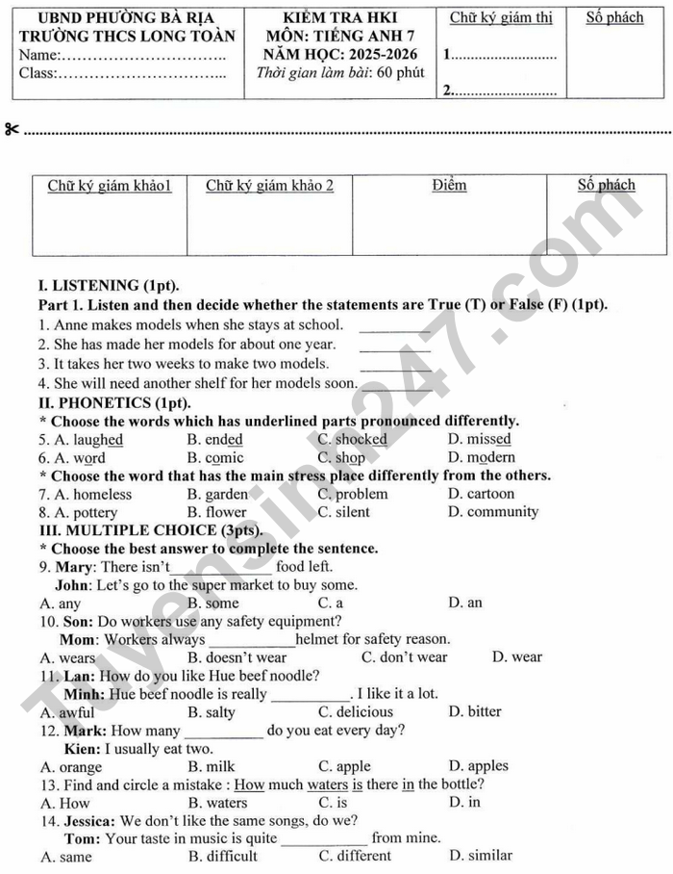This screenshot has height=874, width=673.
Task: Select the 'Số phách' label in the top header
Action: coord(614,17)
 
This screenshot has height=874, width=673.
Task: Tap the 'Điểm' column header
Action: coord(449,185)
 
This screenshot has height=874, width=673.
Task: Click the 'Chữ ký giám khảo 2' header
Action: coord(270,185)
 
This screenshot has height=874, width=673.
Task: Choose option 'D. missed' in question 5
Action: coord(480,440)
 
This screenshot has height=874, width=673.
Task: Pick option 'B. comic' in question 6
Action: coord(215,458)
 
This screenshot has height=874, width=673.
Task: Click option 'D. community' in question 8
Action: coord(493,512)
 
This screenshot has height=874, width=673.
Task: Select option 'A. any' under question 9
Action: coord(61,604)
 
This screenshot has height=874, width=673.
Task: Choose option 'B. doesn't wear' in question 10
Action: coord(237,658)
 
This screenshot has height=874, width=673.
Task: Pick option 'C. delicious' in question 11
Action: coord(356,712)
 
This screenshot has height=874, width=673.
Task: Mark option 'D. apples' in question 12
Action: coord(479,767)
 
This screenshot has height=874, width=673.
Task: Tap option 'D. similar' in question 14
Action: coord(480,856)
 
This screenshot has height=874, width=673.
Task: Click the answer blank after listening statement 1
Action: coord(394,328)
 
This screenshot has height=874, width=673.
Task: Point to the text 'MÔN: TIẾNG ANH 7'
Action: coord(340,37)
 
